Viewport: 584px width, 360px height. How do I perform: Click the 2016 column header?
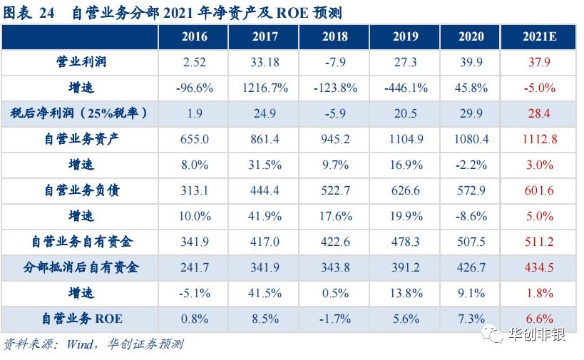[195, 37]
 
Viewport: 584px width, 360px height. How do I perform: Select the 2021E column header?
[539, 37]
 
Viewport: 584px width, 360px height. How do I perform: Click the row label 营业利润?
[81, 63]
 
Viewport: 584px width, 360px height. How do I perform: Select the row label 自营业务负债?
[81, 190]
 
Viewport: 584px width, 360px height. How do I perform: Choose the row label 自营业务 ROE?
[81, 318]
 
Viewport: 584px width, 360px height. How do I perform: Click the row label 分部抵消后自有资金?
[81, 267]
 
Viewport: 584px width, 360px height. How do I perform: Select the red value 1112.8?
[539, 139]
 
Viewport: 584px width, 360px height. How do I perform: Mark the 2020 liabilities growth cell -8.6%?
[471, 216]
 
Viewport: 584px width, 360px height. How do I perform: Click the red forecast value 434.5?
[539, 267]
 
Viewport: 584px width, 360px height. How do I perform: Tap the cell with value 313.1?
[195, 190]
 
